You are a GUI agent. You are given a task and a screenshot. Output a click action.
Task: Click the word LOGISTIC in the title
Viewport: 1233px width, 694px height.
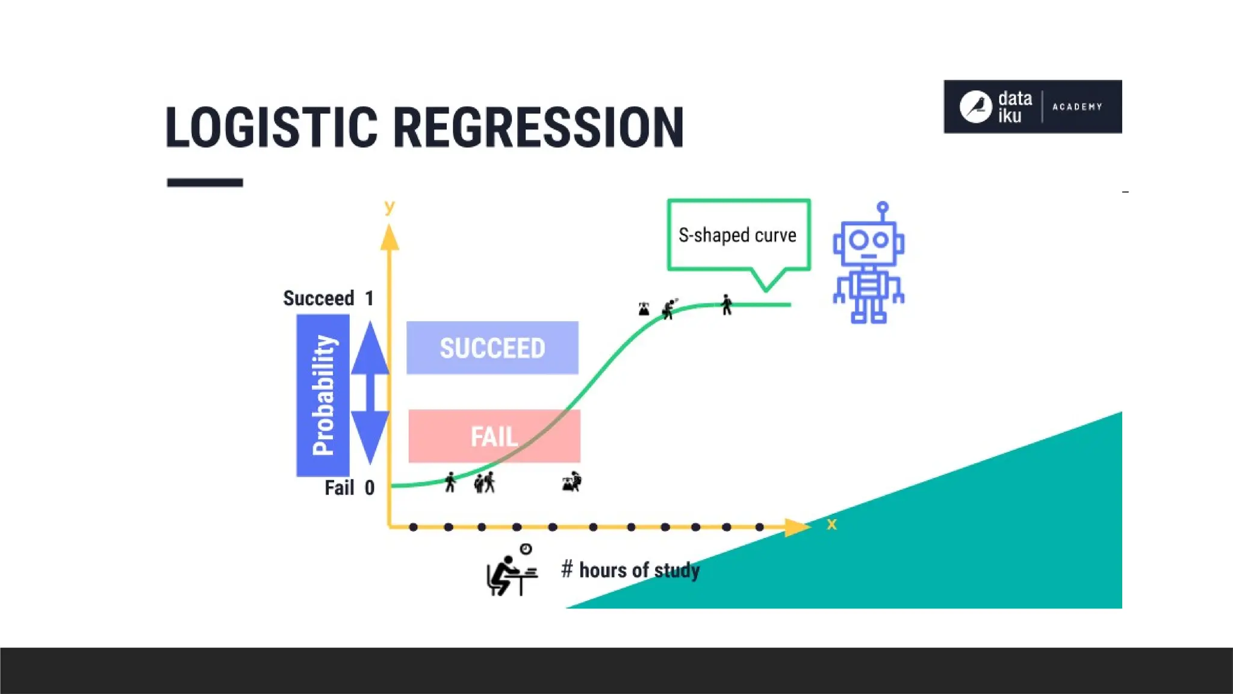[x=271, y=127]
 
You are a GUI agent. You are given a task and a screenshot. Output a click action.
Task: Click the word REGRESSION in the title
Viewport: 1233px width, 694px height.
[x=539, y=127]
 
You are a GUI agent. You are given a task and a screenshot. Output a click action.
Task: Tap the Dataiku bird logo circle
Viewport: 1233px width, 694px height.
[x=975, y=107]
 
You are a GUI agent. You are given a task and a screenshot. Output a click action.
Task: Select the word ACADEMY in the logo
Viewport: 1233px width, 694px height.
[x=1077, y=107]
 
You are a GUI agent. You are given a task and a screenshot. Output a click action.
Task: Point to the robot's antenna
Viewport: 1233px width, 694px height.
[x=883, y=211]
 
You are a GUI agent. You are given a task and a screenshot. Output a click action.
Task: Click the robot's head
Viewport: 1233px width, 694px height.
[x=868, y=242]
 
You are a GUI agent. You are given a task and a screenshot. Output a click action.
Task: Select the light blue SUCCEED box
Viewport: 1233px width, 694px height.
[x=492, y=348]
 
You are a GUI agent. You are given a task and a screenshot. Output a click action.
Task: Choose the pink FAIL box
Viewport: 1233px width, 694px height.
[x=494, y=436]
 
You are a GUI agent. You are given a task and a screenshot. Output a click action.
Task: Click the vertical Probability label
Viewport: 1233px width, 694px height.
[x=323, y=395]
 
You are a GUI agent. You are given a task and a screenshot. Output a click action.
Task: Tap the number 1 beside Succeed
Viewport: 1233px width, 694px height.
[x=370, y=298]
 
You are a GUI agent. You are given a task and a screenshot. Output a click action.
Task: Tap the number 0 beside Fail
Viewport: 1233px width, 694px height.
[x=370, y=487]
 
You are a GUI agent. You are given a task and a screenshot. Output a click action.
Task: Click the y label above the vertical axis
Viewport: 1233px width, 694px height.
[x=390, y=207]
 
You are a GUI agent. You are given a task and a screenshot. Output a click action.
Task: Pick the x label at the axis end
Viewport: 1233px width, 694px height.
[x=831, y=524]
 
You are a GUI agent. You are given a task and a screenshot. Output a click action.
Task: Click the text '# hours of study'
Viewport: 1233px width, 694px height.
[x=630, y=570]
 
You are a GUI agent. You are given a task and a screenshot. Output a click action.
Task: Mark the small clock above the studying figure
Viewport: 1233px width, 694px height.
[x=526, y=549]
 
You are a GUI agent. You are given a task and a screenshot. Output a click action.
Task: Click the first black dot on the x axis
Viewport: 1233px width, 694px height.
[x=413, y=527]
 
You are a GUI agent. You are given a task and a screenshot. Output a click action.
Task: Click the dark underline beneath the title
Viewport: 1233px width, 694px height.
[x=205, y=183]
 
